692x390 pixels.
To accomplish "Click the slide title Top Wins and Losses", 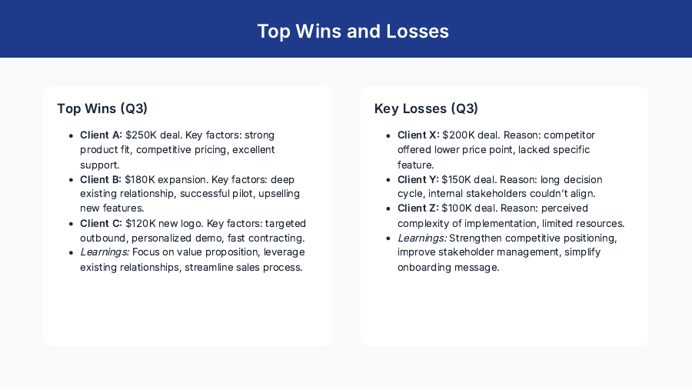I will tap(353, 32).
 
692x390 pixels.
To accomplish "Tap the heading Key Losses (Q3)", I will tap(426, 108).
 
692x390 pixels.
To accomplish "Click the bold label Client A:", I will tap(101, 135).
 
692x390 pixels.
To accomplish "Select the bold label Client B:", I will tap(101, 179).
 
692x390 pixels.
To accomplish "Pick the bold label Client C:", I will tap(101, 224).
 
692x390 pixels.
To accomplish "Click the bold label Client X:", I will tap(418, 135).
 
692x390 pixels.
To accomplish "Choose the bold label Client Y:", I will tap(418, 179).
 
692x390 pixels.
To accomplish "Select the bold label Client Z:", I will tap(418, 208).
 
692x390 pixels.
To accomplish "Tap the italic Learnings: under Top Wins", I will tap(105, 252).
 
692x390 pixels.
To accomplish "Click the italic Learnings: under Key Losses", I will tap(422, 238).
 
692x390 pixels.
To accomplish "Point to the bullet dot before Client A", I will tap(72, 135).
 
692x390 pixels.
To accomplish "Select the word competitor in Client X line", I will tap(568, 135).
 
